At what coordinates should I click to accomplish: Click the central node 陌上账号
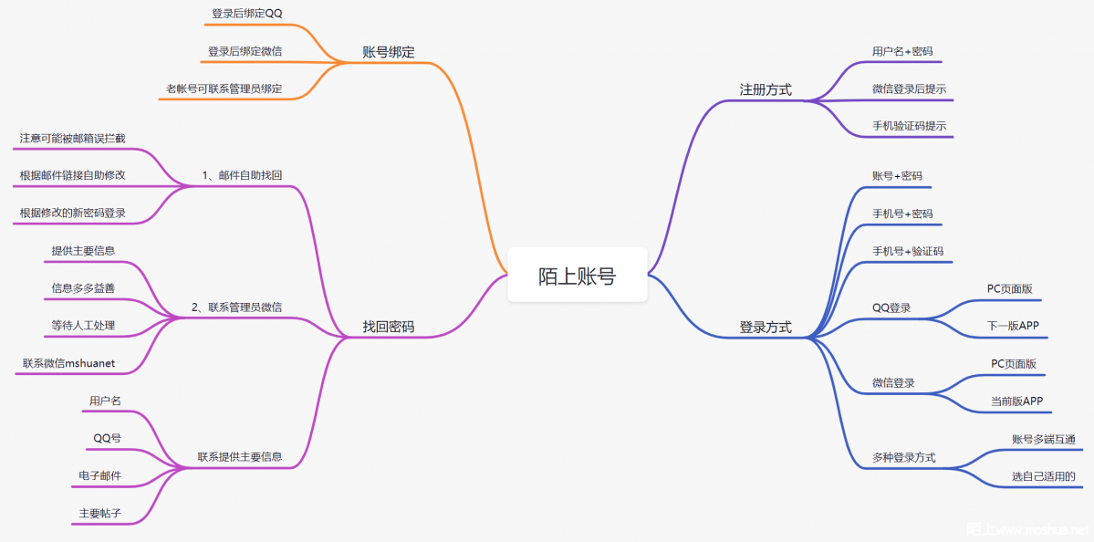coord(577,276)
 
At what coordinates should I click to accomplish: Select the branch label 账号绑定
coord(388,52)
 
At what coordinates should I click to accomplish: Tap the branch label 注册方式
coord(765,89)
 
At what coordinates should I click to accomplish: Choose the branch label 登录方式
coord(765,327)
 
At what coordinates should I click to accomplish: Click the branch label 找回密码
coord(388,327)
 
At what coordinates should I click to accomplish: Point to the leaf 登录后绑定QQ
coord(247,14)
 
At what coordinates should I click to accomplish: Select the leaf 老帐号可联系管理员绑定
coord(224,89)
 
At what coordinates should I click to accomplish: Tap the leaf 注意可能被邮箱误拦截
coord(72,139)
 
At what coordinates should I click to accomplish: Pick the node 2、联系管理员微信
coord(236,307)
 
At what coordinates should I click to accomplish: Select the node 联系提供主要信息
coord(240,457)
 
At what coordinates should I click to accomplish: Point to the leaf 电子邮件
coord(100,475)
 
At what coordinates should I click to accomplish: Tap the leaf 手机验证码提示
coord(902,126)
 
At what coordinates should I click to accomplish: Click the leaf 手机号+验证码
coord(907,251)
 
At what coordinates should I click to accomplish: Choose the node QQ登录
coord(891,307)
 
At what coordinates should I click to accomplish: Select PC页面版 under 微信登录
coord(1014,363)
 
